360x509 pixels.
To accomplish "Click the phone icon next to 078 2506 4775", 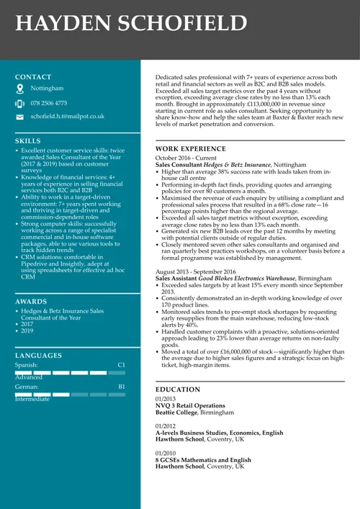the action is pyautogui.click(x=20, y=104).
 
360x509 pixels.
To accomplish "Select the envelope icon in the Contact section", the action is pyautogui.click(x=20, y=117).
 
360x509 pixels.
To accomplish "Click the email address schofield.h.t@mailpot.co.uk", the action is pyautogui.click(x=67, y=116).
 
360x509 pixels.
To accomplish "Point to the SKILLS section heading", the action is pyautogui.click(x=28, y=141).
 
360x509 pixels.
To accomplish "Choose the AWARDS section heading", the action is pyautogui.click(x=31, y=302).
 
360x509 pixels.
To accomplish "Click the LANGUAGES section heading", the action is pyautogui.click(x=38, y=356).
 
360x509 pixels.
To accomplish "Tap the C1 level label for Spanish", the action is pyautogui.click(x=121, y=366).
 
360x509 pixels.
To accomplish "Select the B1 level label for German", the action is pyautogui.click(x=121, y=387).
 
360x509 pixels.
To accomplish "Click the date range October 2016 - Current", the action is pyautogui.click(x=186, y=158).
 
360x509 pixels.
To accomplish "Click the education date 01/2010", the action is pyautogui.click(x=166, y=453).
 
